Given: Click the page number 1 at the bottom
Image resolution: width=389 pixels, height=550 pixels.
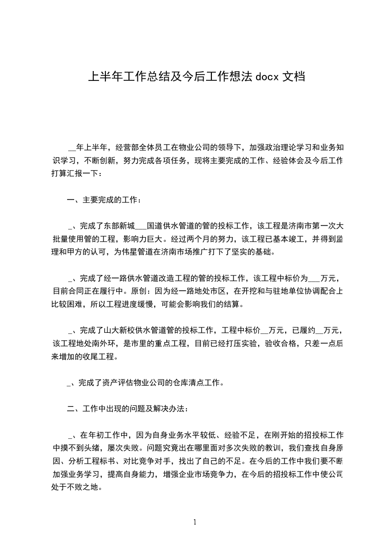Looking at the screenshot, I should point(195,522).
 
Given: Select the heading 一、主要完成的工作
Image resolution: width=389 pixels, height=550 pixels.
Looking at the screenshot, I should point(104,200).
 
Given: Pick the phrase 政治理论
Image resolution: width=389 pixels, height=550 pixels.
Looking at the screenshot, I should point(280,147).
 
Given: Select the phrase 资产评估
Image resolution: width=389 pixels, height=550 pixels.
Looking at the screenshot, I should point(115,382).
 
